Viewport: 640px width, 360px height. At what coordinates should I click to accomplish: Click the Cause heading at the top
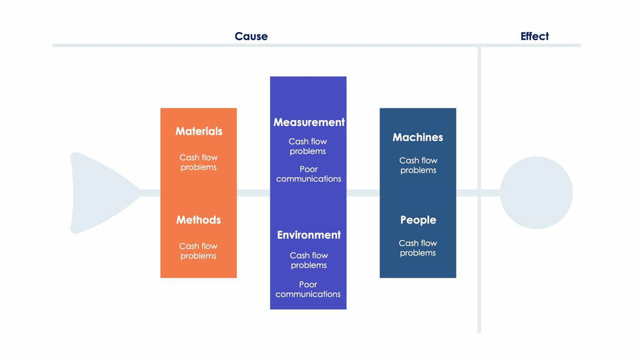tap(251, 37)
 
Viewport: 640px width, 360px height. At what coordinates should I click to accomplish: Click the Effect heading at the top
tap(534, 37)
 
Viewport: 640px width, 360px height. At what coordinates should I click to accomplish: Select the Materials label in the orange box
tap(199, 131)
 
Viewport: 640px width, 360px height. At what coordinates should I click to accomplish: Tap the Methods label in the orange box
tap(199, 220)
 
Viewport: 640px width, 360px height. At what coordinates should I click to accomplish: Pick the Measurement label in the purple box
tap(309, 122)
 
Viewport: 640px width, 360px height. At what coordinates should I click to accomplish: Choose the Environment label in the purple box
tap(309, 235)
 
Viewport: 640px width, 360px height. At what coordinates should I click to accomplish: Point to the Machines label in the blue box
tap(417, 137)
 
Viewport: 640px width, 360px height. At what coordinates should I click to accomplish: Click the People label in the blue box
tap(418, 220)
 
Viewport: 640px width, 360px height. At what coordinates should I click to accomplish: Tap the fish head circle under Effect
tap(536, 193)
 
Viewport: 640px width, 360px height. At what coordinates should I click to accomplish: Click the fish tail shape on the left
tap(98, 193)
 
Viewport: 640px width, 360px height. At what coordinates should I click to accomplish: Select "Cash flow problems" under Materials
tap(199, 162)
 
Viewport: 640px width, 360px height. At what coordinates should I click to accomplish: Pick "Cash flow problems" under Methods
tap(199, 251)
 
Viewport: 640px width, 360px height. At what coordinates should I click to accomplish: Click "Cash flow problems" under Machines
tap(418, 165)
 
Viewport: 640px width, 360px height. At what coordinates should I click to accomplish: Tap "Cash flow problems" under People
tap(418, 248)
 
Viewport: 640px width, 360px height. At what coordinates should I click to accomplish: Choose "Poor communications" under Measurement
tap(308, 174)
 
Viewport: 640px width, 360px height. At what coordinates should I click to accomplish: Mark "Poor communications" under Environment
tap(308, 289)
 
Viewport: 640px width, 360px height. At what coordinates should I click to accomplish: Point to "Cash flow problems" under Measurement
tap(308, 146)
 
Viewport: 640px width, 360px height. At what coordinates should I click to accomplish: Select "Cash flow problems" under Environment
tap(308, 260)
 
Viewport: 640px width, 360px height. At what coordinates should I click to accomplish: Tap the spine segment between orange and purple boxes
tap(253, 193)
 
